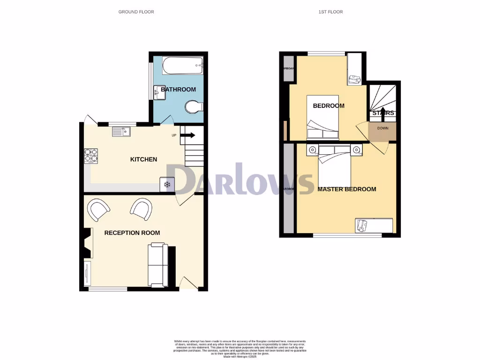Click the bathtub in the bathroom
point(183,66)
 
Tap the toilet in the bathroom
point(193,107)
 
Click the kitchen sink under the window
point(121,132)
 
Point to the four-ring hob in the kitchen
point(91,155)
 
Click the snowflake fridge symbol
point(167,185)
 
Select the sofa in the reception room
point(157,265)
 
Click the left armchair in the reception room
point(99,209)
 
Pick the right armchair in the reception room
point(142,209)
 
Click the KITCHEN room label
point(143,159)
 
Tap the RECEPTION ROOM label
point(132,233)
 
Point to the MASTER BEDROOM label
point(347,189)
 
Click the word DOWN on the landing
point(382,128)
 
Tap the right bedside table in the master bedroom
point(357,150)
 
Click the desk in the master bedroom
point(374,225)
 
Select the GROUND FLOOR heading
point(136,12)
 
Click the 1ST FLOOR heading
point(330,12)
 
